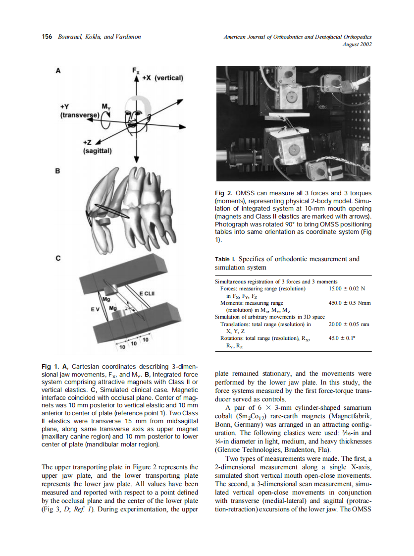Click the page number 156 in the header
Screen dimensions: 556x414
47,37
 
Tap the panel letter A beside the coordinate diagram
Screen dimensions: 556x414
58,71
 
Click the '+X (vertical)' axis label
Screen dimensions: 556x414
163,78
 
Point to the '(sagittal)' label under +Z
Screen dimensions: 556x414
98,151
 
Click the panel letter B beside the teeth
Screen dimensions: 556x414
57,171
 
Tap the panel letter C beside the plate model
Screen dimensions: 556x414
58,258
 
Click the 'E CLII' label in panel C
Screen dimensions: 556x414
148,294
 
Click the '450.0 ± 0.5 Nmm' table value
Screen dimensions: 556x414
350,303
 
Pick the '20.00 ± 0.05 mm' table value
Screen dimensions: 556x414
349,324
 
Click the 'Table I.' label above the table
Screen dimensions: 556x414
225,259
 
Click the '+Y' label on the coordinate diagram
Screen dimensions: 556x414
65,107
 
